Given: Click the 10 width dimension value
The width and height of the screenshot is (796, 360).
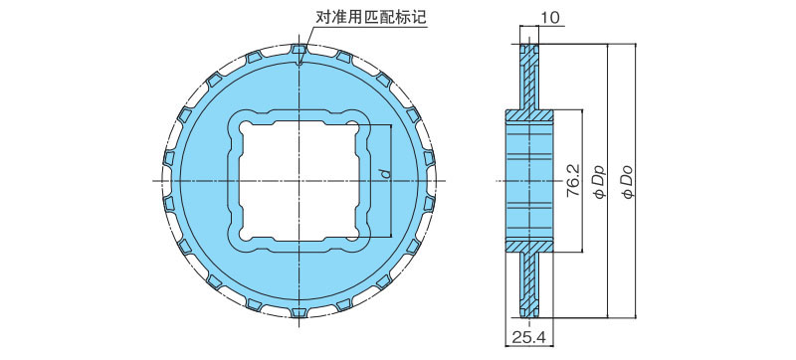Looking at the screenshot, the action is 550,17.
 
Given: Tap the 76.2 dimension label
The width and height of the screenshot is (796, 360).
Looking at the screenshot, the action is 573,180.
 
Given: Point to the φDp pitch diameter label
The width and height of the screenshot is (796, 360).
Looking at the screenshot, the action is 599,180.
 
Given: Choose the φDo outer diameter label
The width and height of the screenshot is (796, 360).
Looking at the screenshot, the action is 627,180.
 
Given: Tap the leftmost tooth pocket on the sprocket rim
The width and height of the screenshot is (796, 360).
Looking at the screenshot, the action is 166,180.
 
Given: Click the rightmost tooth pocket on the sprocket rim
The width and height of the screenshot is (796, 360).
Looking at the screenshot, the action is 437,180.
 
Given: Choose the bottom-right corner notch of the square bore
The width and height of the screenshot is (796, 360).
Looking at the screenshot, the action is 361,239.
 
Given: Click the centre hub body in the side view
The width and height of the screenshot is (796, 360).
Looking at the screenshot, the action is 527,180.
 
